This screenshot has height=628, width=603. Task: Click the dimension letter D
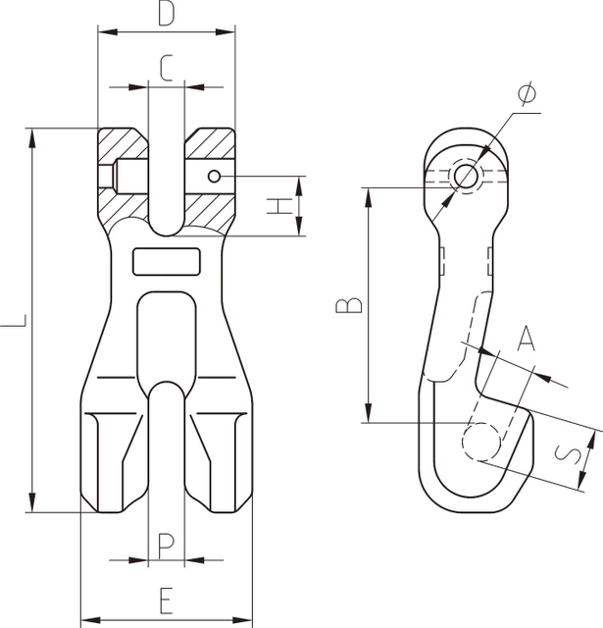pos(167,15)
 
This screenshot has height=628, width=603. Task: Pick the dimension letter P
pos(166,543)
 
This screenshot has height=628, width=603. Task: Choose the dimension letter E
pos(166,598)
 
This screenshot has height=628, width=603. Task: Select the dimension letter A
pos(527,339)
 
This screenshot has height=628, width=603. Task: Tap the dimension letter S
pos(566,453)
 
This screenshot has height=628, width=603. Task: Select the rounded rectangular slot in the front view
pos(166,262)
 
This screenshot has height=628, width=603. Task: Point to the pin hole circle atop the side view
pos(466,176)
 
